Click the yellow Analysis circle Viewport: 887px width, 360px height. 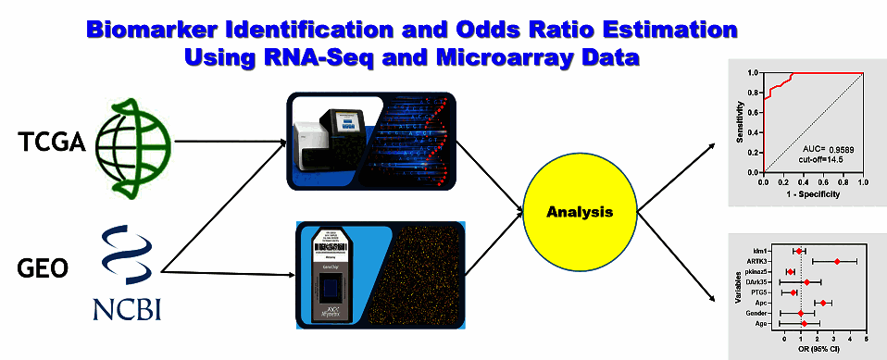click(x=580, y=212)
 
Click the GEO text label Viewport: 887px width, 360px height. click(x=43, y=269)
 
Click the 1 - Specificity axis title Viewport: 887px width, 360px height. click(x=813, y=195)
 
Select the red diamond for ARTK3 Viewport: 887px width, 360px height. click(x=837, y=262)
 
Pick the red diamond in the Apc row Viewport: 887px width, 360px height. click(x=822, y=303)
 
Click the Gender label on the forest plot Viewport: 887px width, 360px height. click(x=764, y=314)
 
